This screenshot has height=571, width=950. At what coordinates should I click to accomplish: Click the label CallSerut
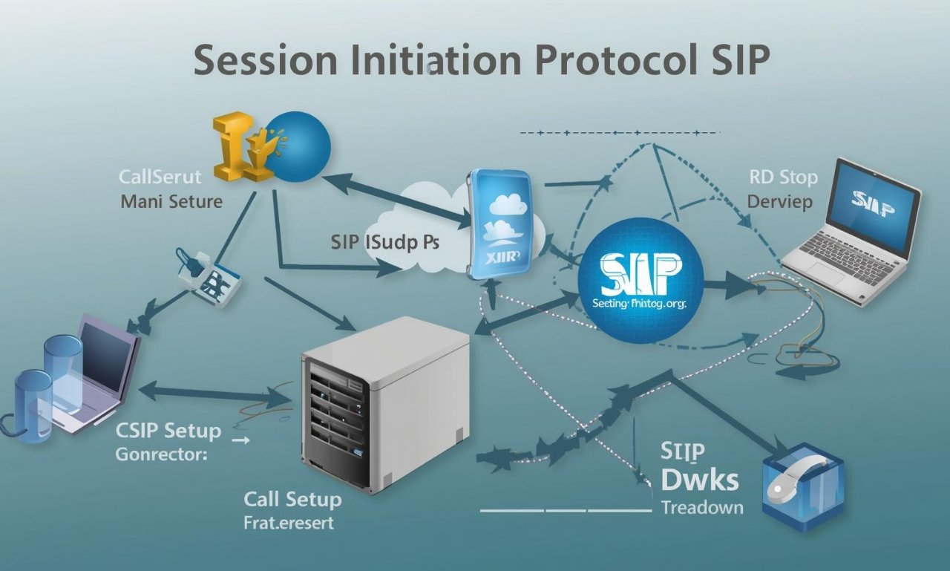[160, 177]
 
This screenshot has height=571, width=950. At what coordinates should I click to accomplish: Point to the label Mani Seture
[171, 201]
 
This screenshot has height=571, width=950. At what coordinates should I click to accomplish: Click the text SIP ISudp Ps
[385, 243]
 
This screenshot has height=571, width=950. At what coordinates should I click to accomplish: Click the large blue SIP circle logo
[640, 279]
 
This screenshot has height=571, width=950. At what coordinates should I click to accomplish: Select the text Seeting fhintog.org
[640, 303]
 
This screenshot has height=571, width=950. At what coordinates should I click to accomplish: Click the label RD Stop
[783, 177]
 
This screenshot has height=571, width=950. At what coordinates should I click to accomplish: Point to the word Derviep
[779, 201]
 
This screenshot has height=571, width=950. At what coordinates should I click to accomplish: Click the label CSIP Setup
[168, 431]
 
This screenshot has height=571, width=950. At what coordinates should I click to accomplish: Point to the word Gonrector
[160, 455]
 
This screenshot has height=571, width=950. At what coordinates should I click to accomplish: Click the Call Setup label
[292, 499]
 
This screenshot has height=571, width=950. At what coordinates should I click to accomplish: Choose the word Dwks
[699, 480]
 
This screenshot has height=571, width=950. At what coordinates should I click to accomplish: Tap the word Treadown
[702, 508]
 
